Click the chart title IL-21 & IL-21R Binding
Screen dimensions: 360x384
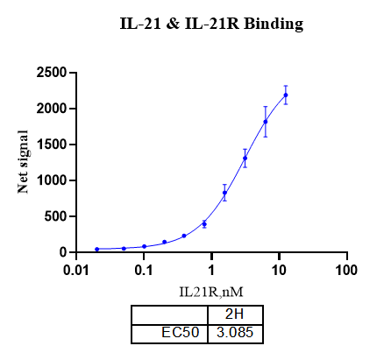coord(211,25)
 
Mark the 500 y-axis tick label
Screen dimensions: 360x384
coord(59,216)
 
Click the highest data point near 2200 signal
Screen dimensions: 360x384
coord(285,95)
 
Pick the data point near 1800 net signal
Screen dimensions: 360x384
coord(265,122)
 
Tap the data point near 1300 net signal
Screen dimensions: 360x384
coord(245,159)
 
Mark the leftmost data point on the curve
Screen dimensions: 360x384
coord(96,249)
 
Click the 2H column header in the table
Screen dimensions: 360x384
coord(235,315)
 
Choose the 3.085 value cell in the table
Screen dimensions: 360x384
coord(235,333)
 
